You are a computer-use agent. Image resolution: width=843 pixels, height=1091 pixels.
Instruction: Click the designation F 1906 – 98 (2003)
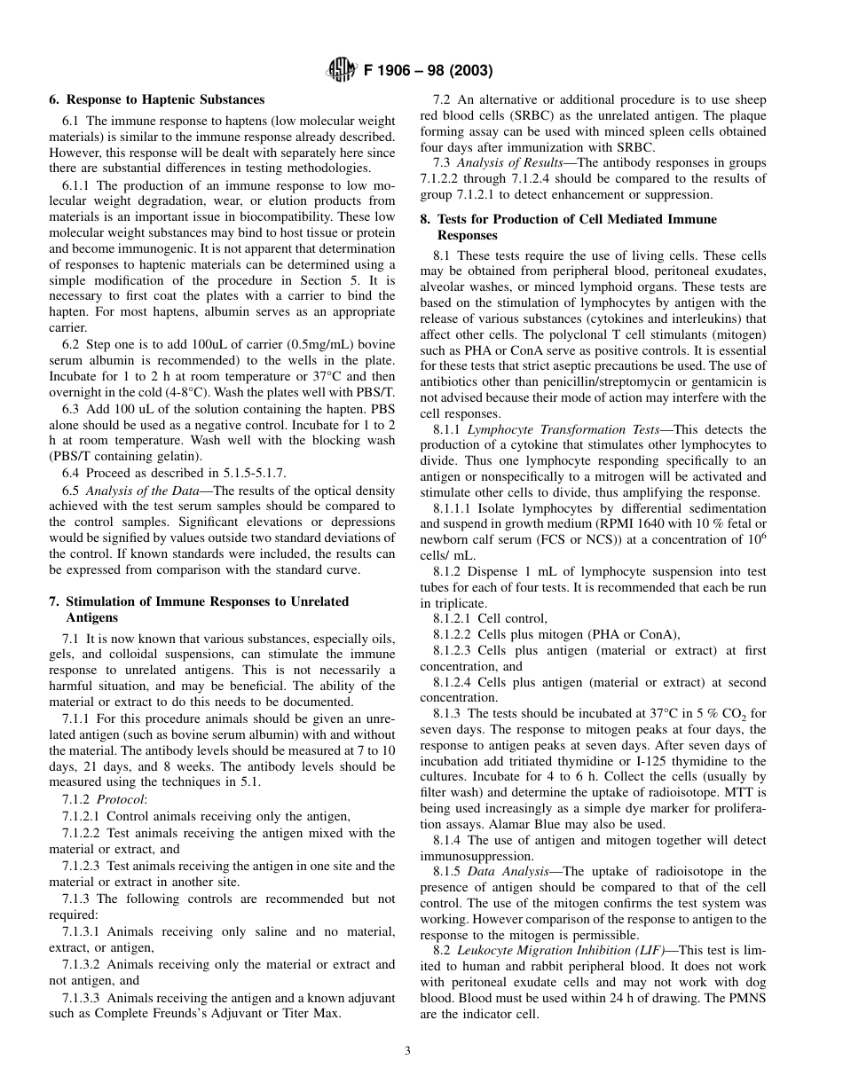[x=428, y=71]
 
